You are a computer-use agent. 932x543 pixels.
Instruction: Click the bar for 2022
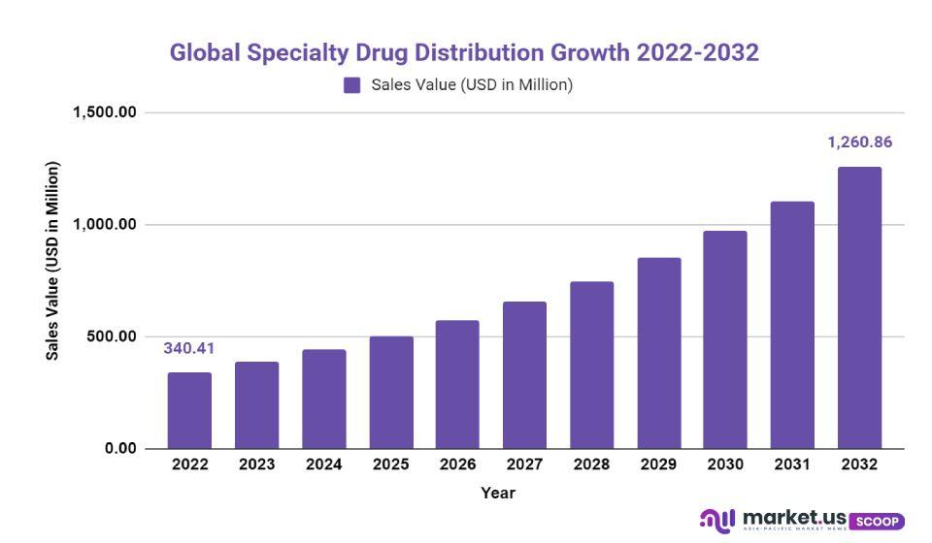click(x=189, y=410)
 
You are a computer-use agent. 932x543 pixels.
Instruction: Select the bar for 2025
click(x=391, y=393)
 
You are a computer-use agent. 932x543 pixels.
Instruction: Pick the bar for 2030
click(x=725, y=339)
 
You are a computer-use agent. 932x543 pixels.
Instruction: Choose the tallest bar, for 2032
click(x=859, y=307)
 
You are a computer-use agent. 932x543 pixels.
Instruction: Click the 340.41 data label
click(x=189, y=348)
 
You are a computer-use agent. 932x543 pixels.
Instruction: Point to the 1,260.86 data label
click(x=859, y=143)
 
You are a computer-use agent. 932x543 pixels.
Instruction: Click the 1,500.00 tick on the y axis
click(x=104, y=112)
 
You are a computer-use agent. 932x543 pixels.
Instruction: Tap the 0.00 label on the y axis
click(x=120, y=449)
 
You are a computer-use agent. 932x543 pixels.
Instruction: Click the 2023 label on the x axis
click(x=256, y=464)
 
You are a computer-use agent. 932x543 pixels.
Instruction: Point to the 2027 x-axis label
click(x=524, y=464)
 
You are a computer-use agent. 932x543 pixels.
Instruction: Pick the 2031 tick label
click(x=792, y=464)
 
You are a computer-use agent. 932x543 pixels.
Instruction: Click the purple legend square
click(x=352, y=85)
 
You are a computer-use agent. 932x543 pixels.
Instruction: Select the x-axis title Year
click(x=498, y=493)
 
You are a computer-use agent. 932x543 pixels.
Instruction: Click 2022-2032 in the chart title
click(x=697, y=52)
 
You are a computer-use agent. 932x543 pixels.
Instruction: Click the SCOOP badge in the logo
click(x=877, y=521)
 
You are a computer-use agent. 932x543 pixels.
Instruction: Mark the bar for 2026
click(x=457, y=384)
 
